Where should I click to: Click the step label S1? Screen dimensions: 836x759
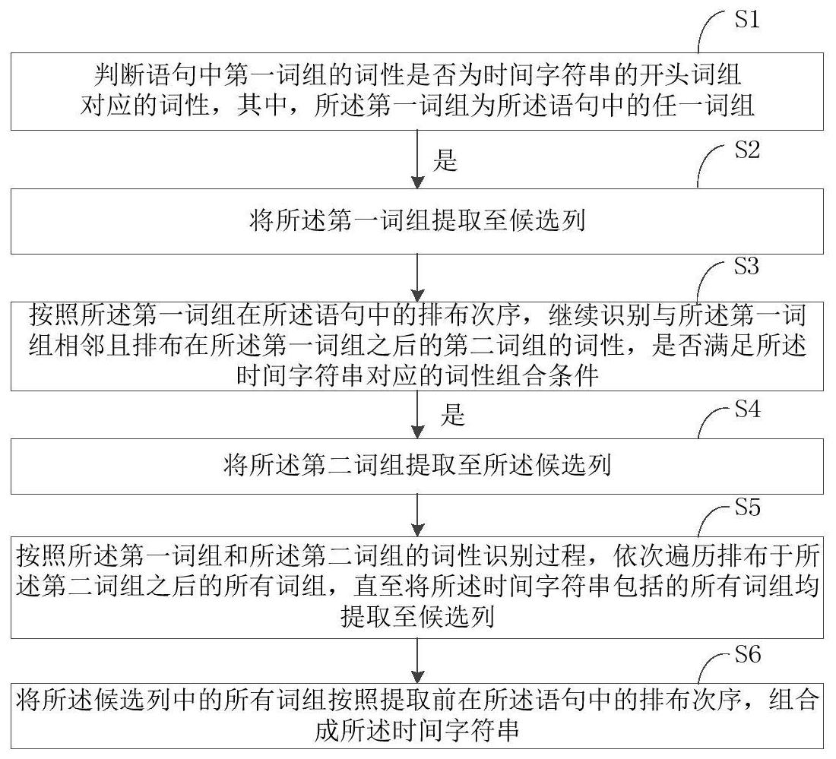[x=747, y=19]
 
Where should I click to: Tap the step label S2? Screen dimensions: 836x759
[x=747, y=150]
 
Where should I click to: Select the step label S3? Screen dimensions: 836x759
[x=746, y=265]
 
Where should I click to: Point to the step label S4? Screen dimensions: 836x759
[x=748, y=409]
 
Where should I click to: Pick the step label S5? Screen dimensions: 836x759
[x=748, y=507]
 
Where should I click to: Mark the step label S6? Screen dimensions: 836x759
[x=748, y=654]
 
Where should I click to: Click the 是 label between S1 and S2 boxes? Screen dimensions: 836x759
[x=445, y=160]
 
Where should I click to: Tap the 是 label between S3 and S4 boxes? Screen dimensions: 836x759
[x=453, y=414]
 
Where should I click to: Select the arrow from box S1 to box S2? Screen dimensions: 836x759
[x=417, y=160]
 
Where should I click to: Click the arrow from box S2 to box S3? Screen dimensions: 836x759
[x=417, y=278]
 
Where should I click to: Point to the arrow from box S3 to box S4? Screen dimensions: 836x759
[x=417, y=415]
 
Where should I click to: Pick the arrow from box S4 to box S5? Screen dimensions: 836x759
[x=417, y=515]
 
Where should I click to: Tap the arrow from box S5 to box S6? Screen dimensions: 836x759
[x=417, y=660]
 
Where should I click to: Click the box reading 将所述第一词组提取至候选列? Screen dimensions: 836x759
[x=417, y=221]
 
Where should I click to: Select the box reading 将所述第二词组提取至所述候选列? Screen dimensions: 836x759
[x=417, y=466]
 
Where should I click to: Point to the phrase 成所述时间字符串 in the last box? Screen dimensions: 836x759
[x=417, y=730]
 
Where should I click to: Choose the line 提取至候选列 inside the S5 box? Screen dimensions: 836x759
[x=417, y=617]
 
